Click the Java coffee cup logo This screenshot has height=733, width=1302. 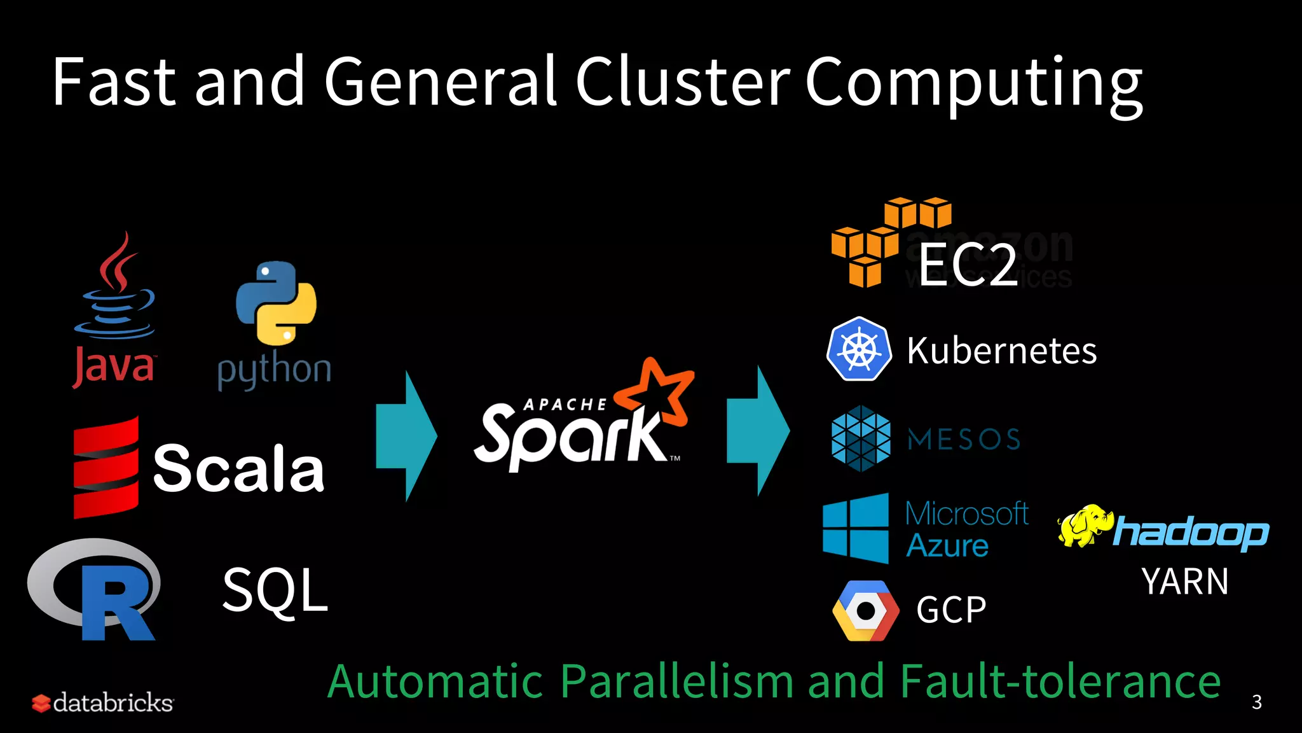[x=114, y=286]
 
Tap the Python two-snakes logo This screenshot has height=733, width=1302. [x=276, y=303]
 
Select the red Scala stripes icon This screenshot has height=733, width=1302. [x=106, y=468]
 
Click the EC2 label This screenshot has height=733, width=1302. [x=968, y=265]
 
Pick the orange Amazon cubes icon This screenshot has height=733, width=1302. [x=890, y=242]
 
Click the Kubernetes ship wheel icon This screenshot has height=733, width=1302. [x=859, y=349]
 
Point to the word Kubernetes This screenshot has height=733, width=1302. [x=1001, y=351]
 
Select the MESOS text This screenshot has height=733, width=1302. [x=964, y=440]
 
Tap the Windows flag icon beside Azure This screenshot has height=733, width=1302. [x=856, y=528]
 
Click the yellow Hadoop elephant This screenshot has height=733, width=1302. [x=1084, y=526]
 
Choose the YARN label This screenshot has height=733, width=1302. [x=1184, y=582]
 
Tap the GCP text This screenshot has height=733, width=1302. [x=951, y=610]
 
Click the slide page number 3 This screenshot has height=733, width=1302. [x=1256, y=702]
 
